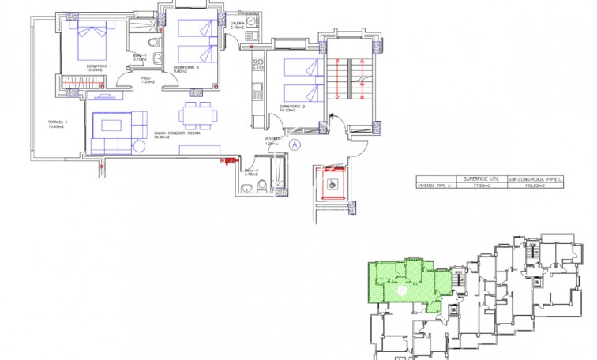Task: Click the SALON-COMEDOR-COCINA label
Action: pos(177,134)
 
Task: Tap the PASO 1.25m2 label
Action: pos(146,80)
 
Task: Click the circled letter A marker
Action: pos(295,144)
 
